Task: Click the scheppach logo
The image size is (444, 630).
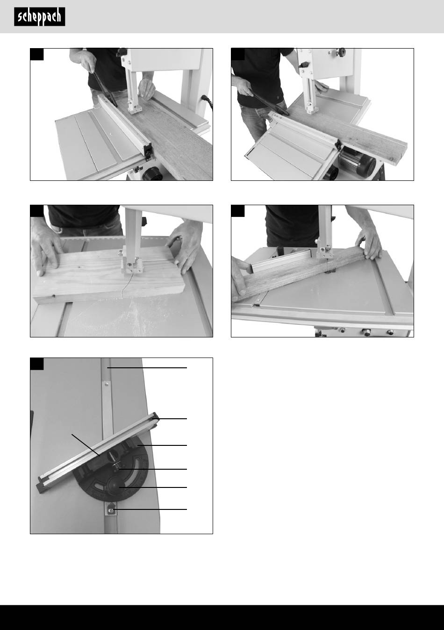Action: [40, 17]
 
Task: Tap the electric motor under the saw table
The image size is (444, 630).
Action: [358, 163]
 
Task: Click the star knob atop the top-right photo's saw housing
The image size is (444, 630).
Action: [342, 51]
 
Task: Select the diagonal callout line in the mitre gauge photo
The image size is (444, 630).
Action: [86, 444]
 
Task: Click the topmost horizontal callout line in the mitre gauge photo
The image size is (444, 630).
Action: [147, 368]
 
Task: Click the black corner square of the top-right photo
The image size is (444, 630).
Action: [238, 54]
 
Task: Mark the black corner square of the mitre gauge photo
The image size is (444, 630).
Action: [37, 364]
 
